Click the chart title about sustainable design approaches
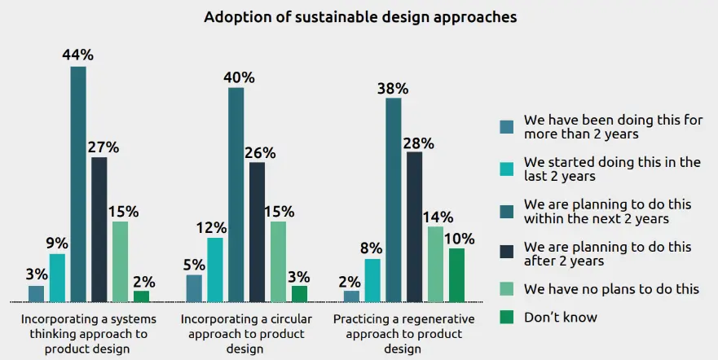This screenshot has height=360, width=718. [x=360, y=17]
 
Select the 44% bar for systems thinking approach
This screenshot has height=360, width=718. [x=78, y=183]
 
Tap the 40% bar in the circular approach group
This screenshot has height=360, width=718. [x=236, y=194]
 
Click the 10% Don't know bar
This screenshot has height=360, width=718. [x=456, y=274]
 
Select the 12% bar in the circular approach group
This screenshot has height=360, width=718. [x=215, y=269]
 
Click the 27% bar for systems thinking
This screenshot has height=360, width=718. [x=99, y=229]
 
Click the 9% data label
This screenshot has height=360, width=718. [x=57, y=242]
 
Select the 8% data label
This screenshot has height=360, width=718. [x=372, y=248]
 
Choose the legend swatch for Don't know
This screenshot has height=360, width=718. [x=507, y=318]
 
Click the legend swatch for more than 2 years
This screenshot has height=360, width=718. [x=507, y=127]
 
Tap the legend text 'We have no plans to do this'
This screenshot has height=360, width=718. [x=611, y=288]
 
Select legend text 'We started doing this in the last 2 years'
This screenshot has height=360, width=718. [x=612, y=169]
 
